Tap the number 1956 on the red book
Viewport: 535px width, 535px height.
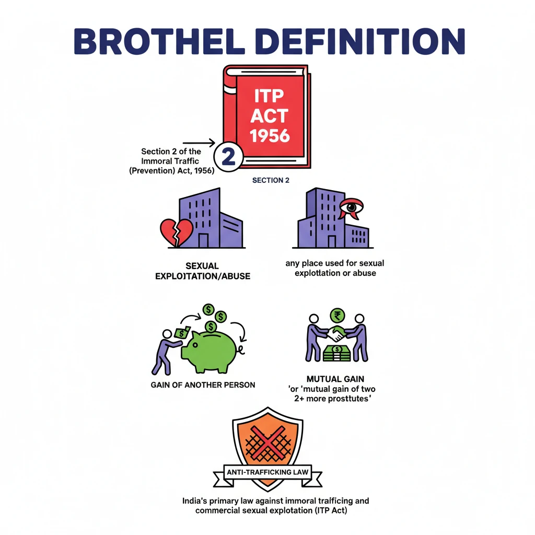[x=270, y=135]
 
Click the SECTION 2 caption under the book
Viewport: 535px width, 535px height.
[x=271, y=180]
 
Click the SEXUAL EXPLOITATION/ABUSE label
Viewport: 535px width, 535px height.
[x=202, y=271]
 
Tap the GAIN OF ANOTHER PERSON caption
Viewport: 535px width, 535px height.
[x=203, y=385]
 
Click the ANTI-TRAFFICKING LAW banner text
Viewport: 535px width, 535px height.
[x=267, y=473]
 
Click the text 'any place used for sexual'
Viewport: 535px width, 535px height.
[x=335, y=263]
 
